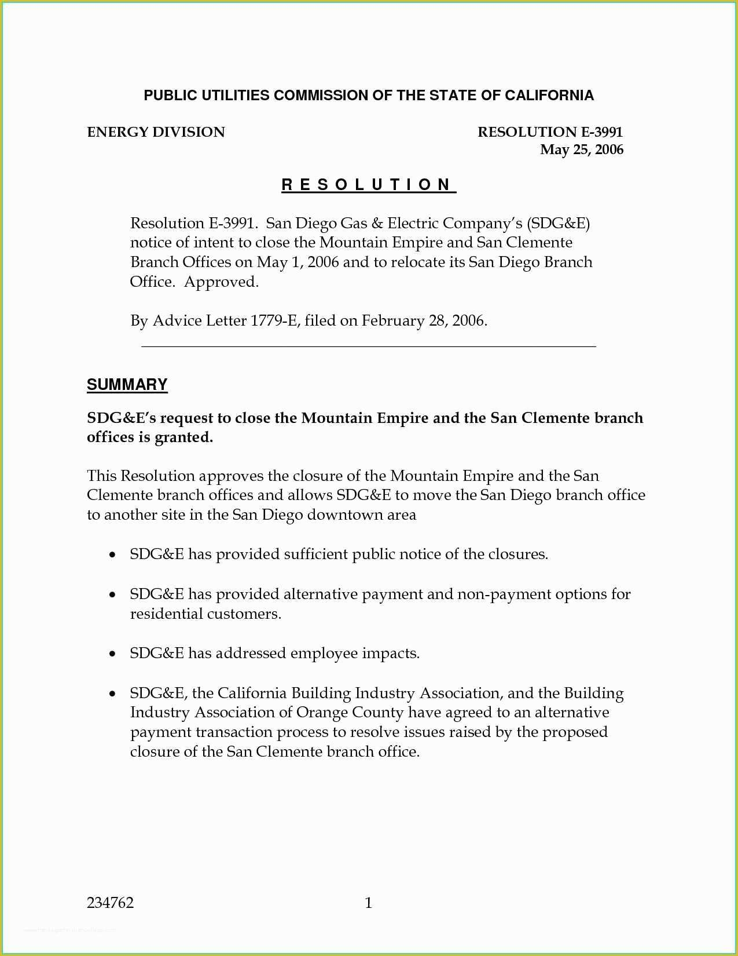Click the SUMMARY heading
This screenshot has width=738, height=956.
point(127,385)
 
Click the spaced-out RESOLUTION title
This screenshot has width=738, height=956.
point(368,185)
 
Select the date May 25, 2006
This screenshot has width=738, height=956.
point(581,149)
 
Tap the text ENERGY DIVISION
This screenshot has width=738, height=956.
point(156,132)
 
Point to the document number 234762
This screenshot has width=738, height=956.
point(110,903)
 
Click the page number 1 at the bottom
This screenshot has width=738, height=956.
point(369,903)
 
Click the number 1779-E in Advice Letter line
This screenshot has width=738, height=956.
point(274,321)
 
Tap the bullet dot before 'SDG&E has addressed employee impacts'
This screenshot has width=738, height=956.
point(112,654)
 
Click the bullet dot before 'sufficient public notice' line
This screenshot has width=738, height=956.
point(112,555)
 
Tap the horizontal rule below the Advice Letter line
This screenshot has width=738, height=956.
point(369,346)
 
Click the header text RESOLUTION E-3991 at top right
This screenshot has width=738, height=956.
point(550,132)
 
